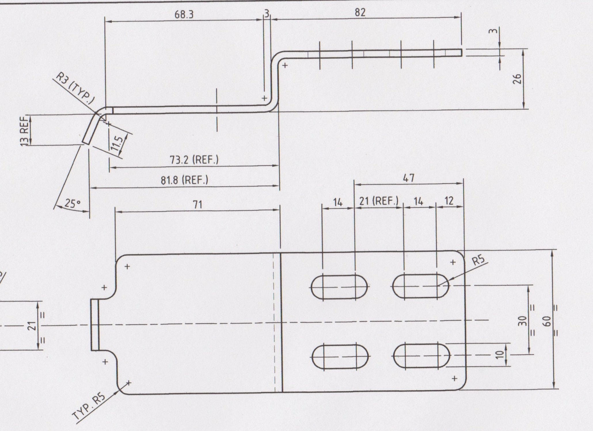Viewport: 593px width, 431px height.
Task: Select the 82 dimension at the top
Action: pos(360,12)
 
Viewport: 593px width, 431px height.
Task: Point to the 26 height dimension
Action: pos(517,79)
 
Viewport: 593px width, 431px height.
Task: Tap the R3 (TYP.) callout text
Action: pos(75,88)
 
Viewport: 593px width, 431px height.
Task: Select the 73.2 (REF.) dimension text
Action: pos(194,160)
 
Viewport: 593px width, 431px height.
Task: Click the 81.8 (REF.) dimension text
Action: pos(184,180)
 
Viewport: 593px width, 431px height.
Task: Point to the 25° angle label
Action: pos(72,204)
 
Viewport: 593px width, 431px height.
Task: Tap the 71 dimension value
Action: pos(197,205)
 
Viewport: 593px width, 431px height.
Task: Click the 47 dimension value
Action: pos(409,178)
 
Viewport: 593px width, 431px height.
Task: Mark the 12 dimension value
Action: pos(448,201)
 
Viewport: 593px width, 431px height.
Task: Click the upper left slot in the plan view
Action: pos(340,287)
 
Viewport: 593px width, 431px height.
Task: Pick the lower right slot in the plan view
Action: pos(421,356)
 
